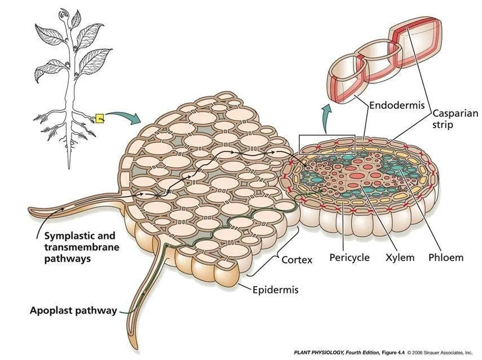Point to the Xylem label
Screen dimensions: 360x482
pos(399,257)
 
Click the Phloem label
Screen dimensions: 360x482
pos(445,257)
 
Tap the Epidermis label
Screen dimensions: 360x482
pos(275,291)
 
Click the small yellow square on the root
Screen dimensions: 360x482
pos(100,118)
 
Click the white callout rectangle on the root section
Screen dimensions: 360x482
pos(327,145)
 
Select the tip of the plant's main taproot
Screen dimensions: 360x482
pos(69,167)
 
